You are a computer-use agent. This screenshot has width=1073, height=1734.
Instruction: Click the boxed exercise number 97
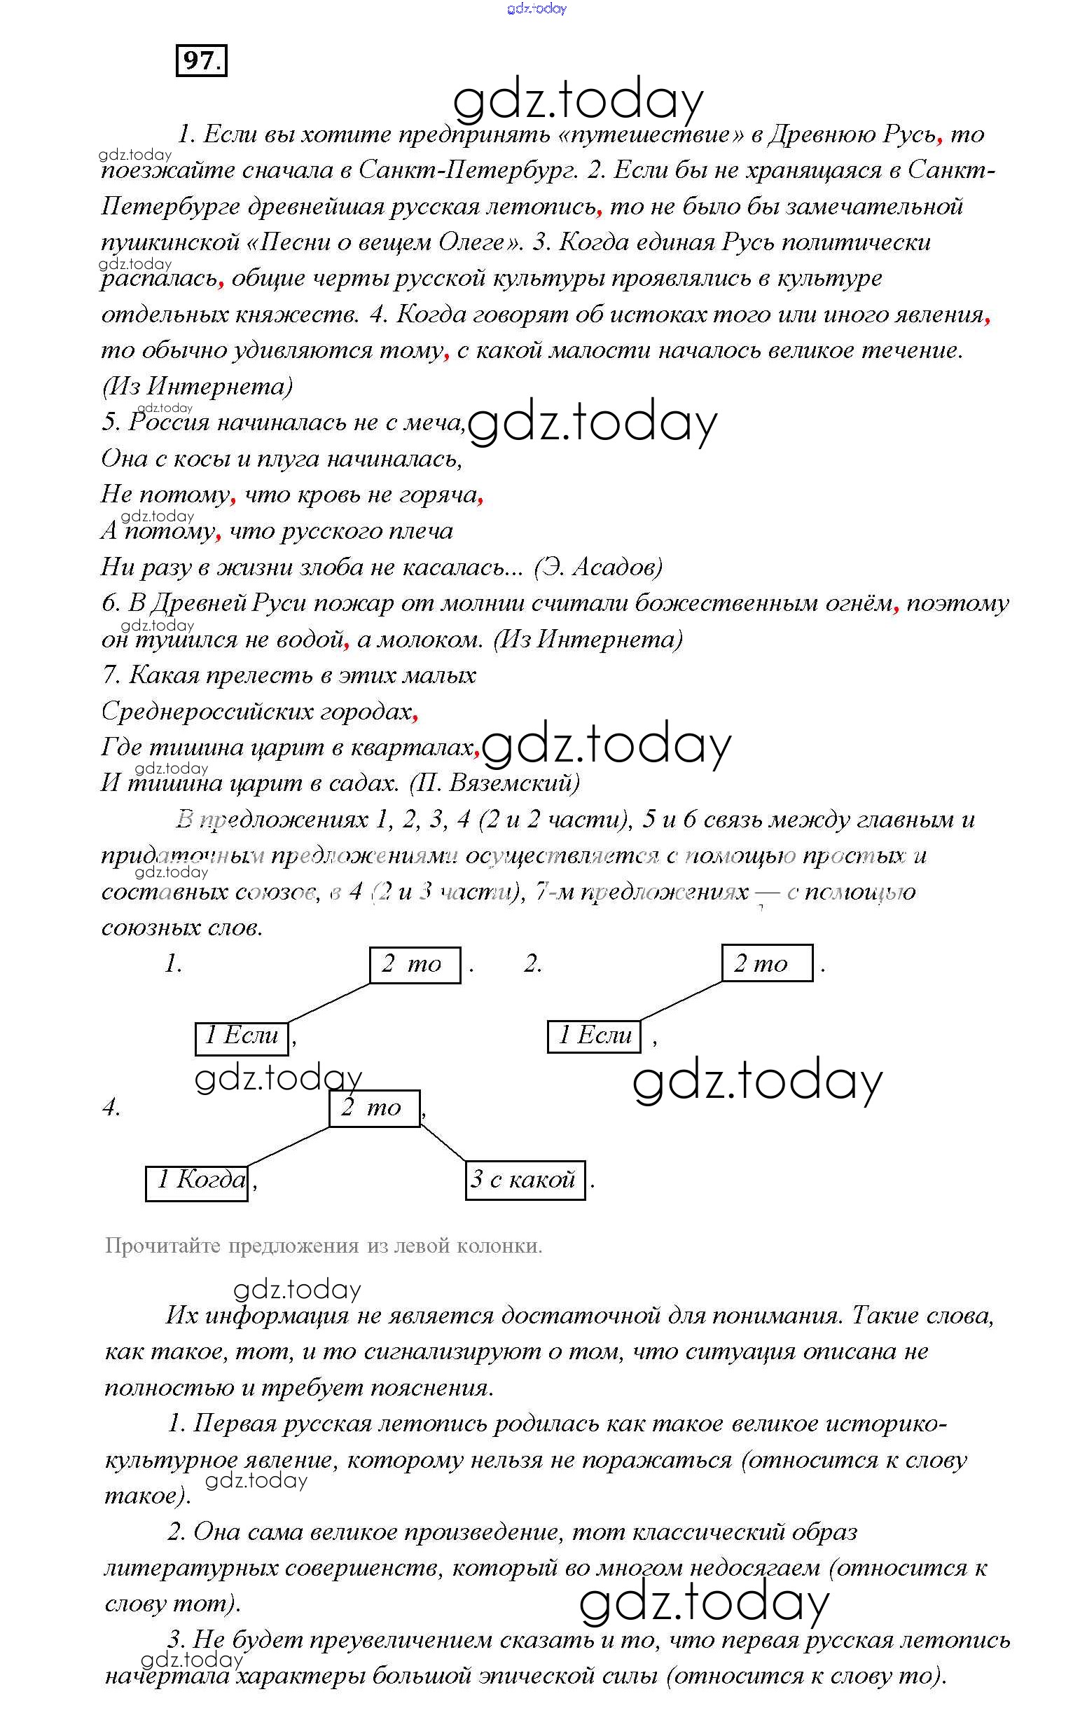pos(202,60)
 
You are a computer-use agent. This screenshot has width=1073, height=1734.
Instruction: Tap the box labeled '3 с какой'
pos(525,1180)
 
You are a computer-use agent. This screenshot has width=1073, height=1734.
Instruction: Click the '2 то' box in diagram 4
pos(374,1108)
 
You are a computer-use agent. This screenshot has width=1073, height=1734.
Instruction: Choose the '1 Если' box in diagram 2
pos(594,1035)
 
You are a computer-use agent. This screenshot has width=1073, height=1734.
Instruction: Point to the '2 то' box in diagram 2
pos(766,963)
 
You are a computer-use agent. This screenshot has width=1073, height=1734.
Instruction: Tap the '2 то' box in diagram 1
pos(415,965)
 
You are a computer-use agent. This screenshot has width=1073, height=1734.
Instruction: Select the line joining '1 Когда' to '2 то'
pos(287,1146)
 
